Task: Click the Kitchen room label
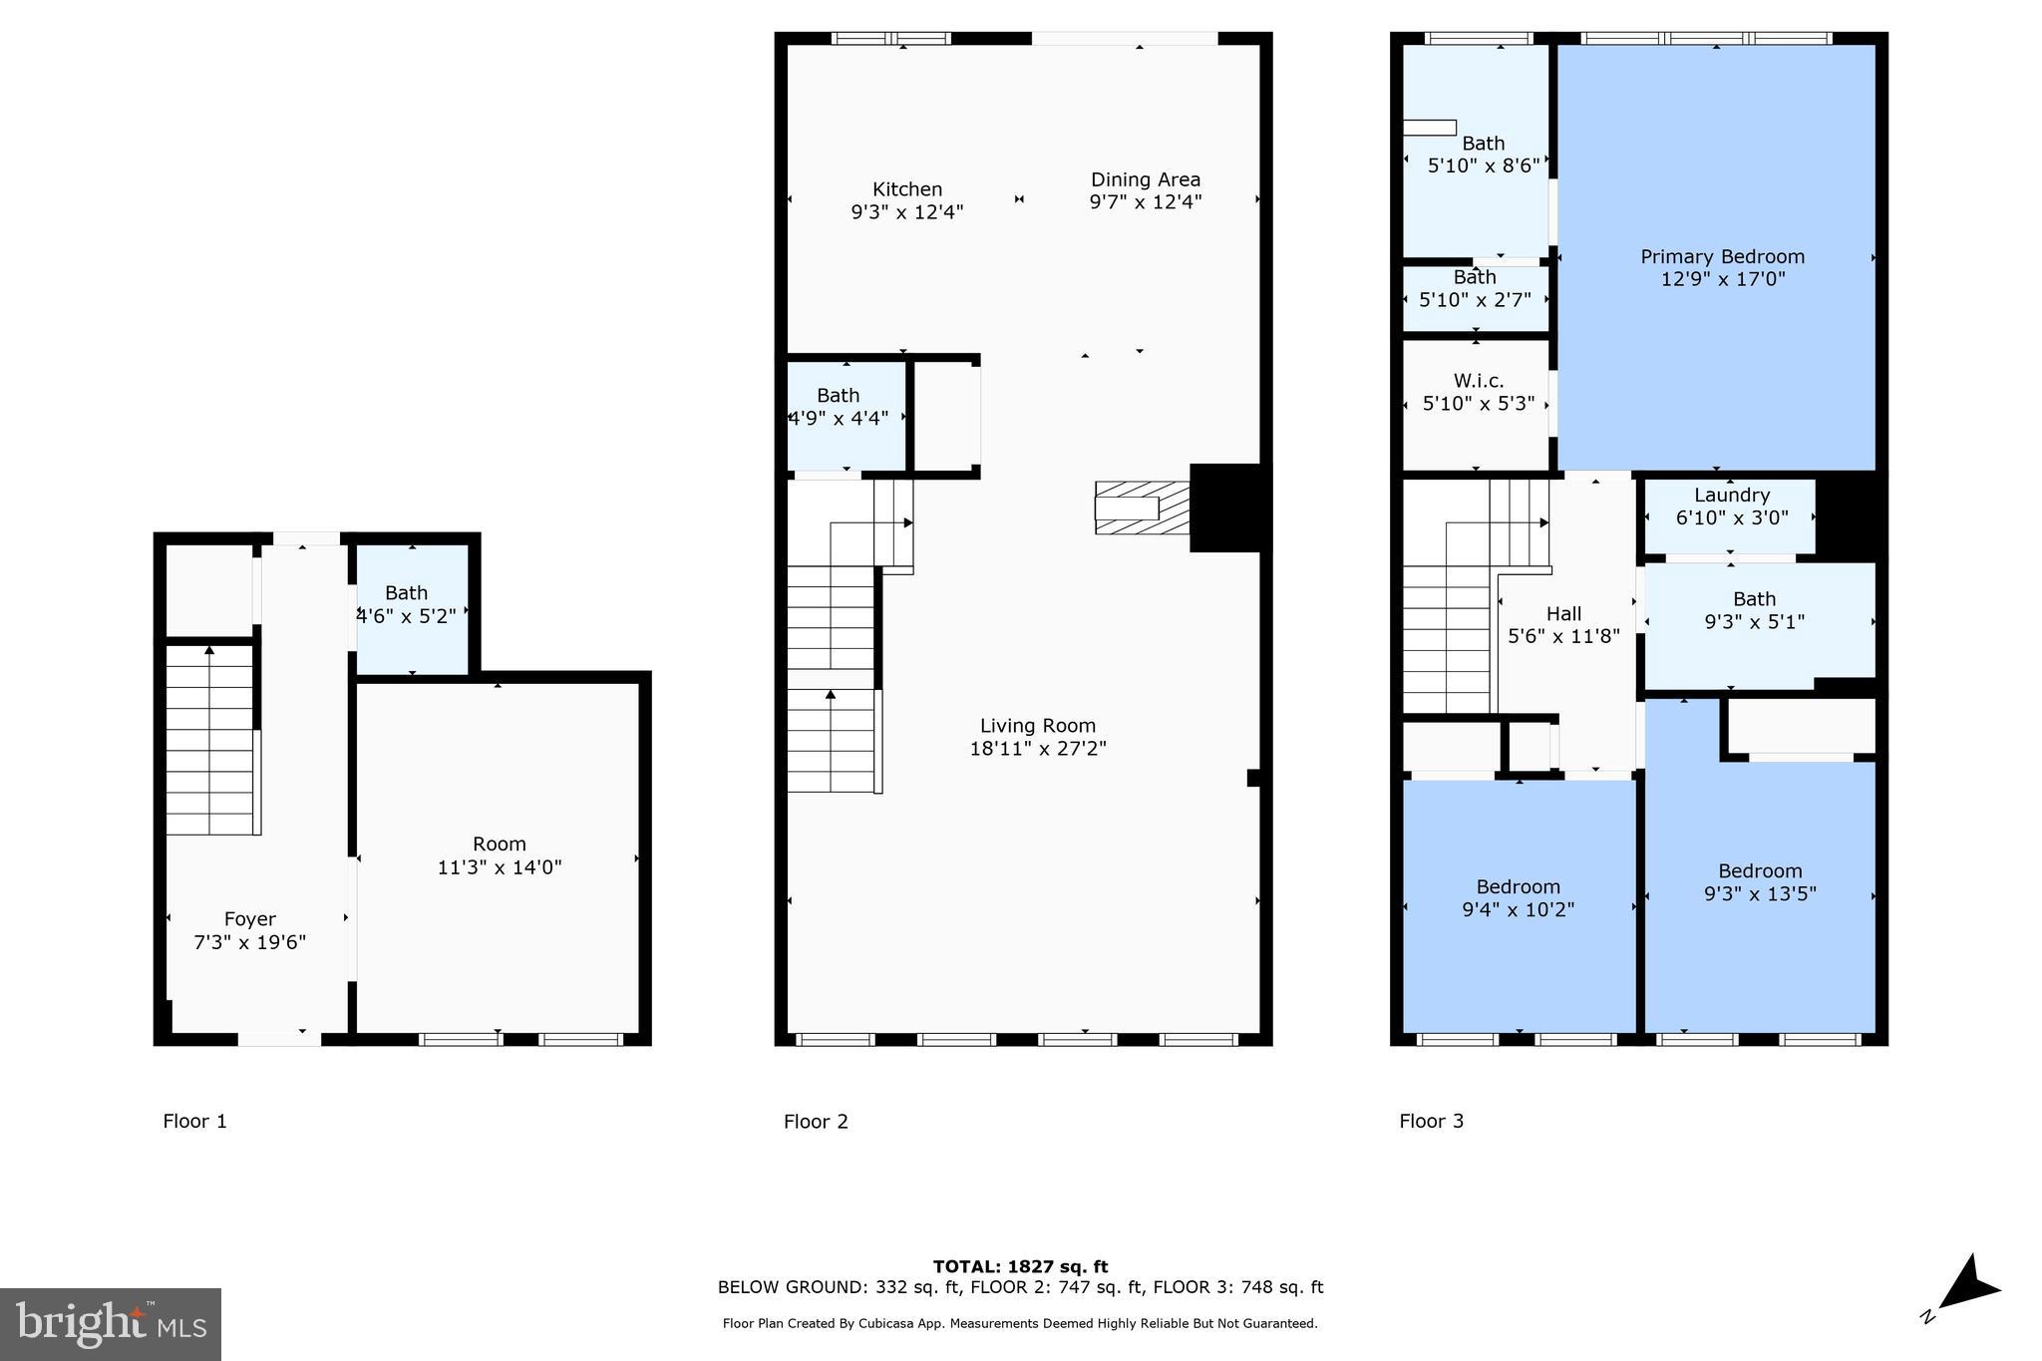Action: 906,189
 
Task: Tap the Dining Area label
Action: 1145,179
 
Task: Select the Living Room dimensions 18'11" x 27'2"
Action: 1038,749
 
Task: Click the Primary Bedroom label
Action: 1722,257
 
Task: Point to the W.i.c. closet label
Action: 1478,381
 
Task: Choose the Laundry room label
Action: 1731,496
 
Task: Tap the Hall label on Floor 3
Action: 1563,614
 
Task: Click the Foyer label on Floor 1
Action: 249,919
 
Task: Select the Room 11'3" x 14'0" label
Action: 499,855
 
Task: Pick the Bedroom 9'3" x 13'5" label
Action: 1759,882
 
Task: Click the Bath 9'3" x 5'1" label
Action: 1754,610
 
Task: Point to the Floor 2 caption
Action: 816,1122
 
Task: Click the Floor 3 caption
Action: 1431,1121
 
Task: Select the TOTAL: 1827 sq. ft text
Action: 1020,1267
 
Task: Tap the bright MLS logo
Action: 111,1324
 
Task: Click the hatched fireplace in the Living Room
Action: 1142,509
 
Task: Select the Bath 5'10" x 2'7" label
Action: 1475,288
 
